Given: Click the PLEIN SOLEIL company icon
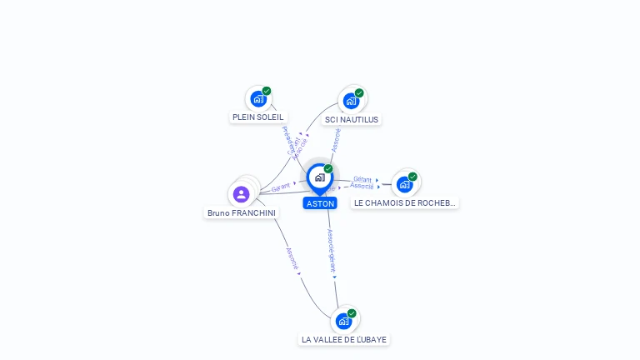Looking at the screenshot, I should click(257, 99).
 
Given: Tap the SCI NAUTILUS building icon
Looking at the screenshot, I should click(351, 101).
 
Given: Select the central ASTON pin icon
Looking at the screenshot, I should click(319, 177).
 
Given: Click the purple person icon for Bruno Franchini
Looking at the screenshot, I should click(242, 194).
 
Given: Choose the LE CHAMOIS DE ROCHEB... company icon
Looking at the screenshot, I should click(405, 184).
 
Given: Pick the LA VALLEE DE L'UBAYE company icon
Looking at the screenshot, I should click(343, 321).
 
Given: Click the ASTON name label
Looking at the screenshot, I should click(320, 203).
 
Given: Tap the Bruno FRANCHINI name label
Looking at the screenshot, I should click(242, 213).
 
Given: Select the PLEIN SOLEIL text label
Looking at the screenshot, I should click(257, 117).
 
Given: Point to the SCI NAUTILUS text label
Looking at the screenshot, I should click(352, 120).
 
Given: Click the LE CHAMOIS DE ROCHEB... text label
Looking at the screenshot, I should click(405, 203).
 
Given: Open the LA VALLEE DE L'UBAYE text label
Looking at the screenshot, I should click(344, 340).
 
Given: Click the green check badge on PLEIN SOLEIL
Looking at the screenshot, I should click(267, 91).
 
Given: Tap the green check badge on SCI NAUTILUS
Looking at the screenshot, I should click(359, 92).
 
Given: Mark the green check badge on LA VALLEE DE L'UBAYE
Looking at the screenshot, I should click(352, 313).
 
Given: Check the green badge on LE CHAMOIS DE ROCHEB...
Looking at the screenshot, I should click(412, 177).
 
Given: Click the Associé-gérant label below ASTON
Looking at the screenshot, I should click(331, 252).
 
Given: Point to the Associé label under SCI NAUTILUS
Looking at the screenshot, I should click(336, 141).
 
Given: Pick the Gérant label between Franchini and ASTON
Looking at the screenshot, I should click(280, 187).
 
